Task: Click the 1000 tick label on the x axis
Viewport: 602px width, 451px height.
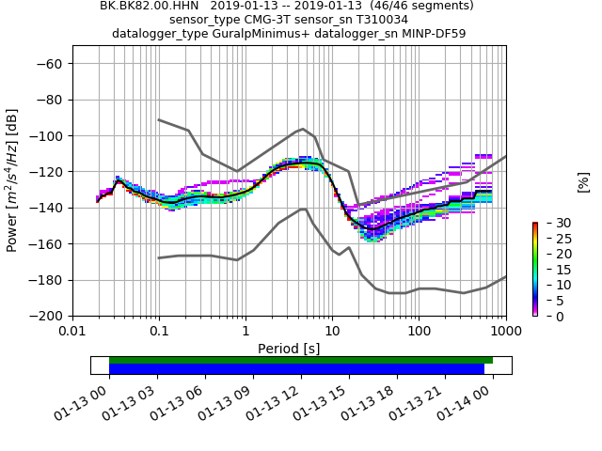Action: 505,330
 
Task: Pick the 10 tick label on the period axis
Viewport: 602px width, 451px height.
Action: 332,330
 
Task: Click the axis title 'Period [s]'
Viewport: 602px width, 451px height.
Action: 289,348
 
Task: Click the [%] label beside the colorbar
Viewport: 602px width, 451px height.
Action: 583,181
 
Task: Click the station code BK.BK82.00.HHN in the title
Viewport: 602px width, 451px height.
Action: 150,6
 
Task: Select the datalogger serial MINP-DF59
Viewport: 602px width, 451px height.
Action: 432,34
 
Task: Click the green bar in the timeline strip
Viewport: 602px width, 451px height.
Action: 301,360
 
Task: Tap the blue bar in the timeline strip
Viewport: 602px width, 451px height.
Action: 296,369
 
